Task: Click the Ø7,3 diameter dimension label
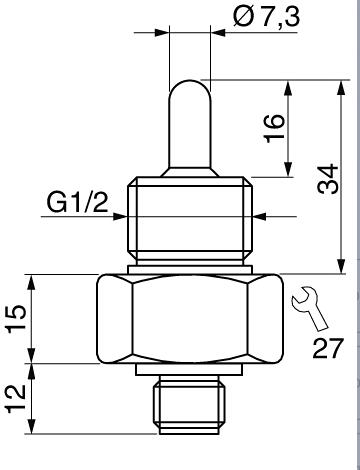pyautogui.click(x=266, y=17)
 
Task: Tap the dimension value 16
pyautogui.click(x=274, y=128)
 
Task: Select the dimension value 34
pyautogui.click(x=328, y=179)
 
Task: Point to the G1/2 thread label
pyautogui.click(x=77, y=202)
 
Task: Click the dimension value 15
pyautogui.click(x=16, y=318)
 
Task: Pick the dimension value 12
pyautogui.click(x=16, y=399)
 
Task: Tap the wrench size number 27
pyautogui.click(x=327, y=348)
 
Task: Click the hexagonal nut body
pyautogui.click(x=190, y=319)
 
